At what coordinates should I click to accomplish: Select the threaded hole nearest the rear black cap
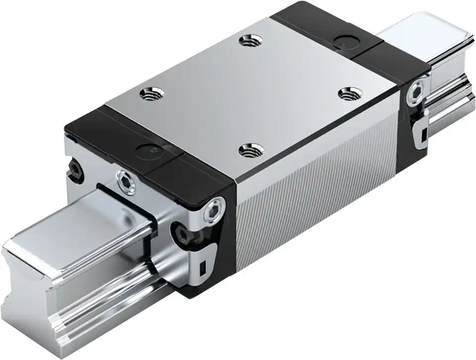[x=246, y=41]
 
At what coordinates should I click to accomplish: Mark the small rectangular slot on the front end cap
[x=202, y=269]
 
